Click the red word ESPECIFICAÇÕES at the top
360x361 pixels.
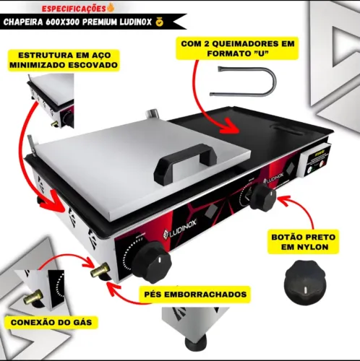point(74,9)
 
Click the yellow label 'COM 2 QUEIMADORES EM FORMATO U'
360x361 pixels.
point(237,48)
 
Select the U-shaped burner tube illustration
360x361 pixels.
point(244,82)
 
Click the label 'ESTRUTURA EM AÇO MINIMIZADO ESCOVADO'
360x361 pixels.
point(64,60)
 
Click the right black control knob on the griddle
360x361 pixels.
point(262,197)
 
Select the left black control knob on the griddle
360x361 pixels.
point(151,261)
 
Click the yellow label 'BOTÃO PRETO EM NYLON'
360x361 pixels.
point(304,242)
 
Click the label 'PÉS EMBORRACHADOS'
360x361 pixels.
point(195,294)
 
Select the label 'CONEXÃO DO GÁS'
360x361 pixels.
point(51,322)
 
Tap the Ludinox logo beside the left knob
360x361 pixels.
point(180,229)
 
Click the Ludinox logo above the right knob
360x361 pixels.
point(273,178)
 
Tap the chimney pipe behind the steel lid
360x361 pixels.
point(153,113)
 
